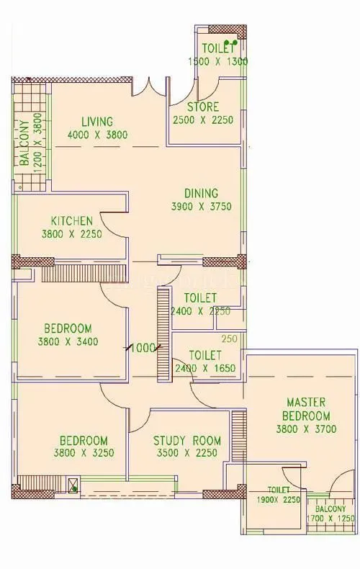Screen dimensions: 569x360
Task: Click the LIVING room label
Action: (x=96, y=121)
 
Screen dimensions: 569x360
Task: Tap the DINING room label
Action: (x=201, y=193)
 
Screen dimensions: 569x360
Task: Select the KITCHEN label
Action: (x=71, y=220)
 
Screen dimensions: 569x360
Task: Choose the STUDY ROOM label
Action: (x=187, y=441)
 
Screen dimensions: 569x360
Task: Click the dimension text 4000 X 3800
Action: (x=97, y=134)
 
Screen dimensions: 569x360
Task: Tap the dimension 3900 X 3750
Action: (x=201, y=206)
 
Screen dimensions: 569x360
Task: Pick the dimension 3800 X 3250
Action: (x=84, y=454)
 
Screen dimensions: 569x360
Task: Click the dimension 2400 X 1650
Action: (x=204, y=368)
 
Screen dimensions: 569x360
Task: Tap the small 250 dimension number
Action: (x=229, y=339)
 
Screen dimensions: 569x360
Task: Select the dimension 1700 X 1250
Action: (x=332, y=517)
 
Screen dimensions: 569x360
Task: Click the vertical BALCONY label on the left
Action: (x=25, y=143)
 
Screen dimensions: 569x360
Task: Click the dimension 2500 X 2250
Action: (x=202, y=120)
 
